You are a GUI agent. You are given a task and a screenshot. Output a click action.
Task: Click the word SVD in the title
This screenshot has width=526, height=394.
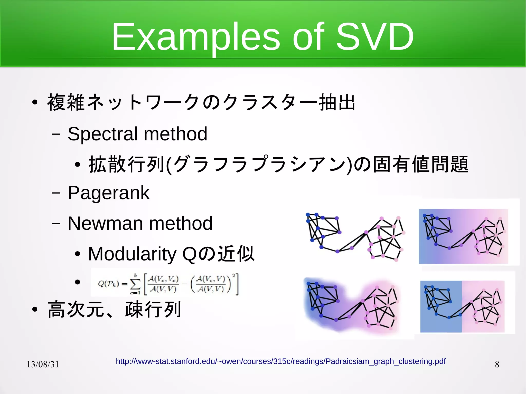[375, 37]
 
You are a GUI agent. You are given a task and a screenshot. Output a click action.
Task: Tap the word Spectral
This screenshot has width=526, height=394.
[102, 134]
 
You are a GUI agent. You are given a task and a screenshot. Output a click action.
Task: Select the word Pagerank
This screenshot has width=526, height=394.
[108, 193]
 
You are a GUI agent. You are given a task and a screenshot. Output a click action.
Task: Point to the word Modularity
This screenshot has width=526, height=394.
[132, 254]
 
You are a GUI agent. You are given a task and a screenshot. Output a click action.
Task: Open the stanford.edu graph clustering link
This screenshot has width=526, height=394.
[280, 361]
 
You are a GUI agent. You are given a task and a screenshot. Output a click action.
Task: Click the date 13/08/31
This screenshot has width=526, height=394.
[43, 364]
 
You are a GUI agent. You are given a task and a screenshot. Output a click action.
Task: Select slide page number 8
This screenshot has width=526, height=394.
[497, 364]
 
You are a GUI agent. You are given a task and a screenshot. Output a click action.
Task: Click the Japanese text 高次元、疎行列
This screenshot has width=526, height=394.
[114, 310]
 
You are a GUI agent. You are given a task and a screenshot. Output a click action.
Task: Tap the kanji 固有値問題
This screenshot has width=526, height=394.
[421, 164]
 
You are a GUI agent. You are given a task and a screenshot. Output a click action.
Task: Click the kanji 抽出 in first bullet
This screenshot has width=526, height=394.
[337, 102]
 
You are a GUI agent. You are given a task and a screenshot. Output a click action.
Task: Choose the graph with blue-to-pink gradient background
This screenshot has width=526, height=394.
[463, 236]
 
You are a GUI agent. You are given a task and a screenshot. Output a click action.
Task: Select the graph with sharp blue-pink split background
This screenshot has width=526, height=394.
[462, 306]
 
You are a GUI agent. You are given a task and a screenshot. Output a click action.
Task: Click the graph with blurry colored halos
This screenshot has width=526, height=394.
[352, 305]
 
